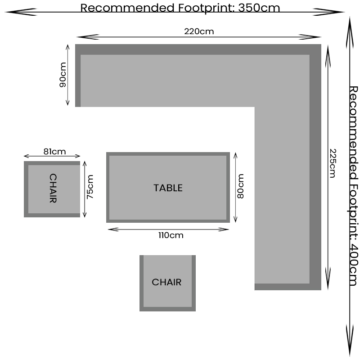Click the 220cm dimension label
point(199,31)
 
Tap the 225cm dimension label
point(332,163)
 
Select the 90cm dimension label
point(63,74)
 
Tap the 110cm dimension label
point(171,235)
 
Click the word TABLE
point(168,188)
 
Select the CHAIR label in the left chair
point(53,189)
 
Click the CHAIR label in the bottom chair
point(166,282)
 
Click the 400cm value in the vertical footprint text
point(353,265)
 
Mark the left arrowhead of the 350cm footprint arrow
point(9,12)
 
